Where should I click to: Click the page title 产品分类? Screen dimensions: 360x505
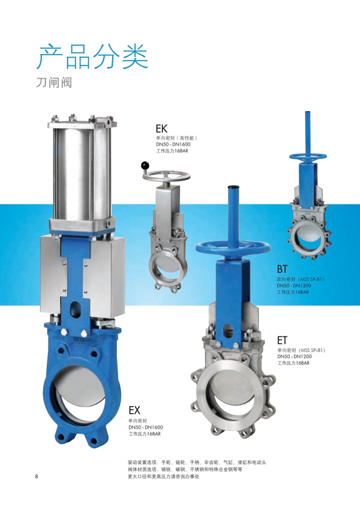pyautogui.click(x=92, y=57)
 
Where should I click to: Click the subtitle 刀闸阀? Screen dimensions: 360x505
pyautogui.click(x=54, y=83)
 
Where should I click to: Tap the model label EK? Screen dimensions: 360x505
pyautogui.click(x=161, y=129)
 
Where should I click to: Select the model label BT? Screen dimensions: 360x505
pyautogui.click(x=282, y=269)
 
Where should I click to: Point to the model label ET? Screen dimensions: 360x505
pyautogui.click(x=282, y=340)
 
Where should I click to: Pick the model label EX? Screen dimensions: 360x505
pyautogui.click(x=134, y=410)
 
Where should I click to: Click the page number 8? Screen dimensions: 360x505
pyautogui.click(x=37, y=477)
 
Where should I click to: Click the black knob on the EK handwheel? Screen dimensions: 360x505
pyautogui.click(x=145, y=166)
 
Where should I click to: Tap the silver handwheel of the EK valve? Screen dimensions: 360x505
pyautogui.click(x=166, y=177)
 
